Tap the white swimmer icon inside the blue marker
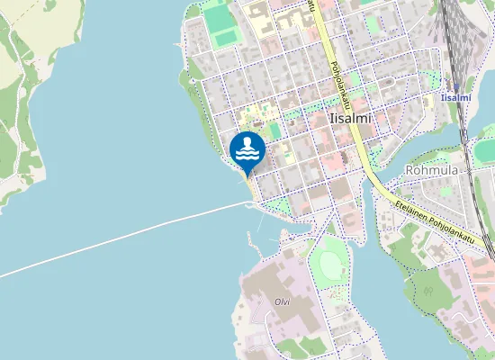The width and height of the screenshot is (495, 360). (x=247, y=149)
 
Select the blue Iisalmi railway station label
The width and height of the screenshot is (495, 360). (x=456, y=97)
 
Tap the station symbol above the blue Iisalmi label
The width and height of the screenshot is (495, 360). (x=456, y=86)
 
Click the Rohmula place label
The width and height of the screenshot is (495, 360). (x=433, y=168)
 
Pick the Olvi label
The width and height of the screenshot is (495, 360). (x=274, y=301)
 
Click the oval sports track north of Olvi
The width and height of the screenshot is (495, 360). (x=331, y=262)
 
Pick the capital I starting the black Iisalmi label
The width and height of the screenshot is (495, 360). (x=332, y=118)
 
